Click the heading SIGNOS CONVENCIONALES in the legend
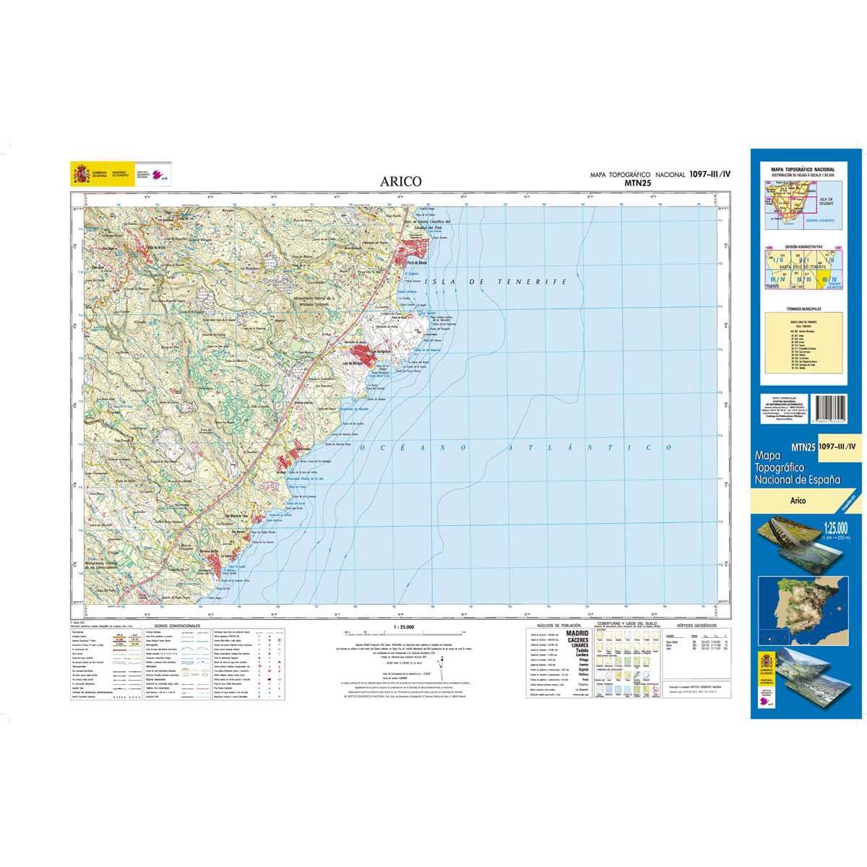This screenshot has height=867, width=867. [x=177, y=626]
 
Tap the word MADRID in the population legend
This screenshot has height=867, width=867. [x=579, y=633]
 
